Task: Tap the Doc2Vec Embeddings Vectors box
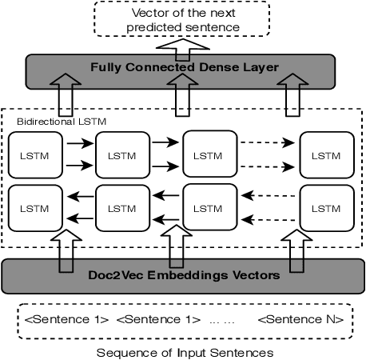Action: click(x=182, y=275)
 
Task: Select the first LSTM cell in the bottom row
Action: click(x=34, y=208)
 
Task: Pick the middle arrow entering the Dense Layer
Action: click(x=182, y=94)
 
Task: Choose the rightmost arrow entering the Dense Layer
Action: click(x=293, y=94)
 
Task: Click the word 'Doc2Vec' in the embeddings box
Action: click(x=112, y=275)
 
